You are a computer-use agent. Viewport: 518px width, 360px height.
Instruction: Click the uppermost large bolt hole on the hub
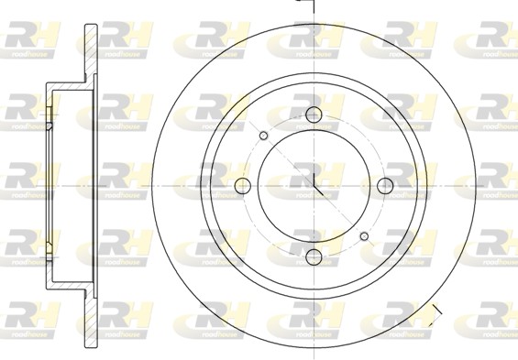point(314,115)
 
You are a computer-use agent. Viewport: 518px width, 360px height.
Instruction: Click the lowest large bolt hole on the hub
point(314,256)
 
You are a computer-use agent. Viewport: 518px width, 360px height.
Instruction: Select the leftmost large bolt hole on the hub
point(243,185)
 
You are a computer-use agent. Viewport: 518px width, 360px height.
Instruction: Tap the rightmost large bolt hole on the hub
point(384,185)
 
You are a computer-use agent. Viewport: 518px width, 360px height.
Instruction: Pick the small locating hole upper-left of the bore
point(264,136)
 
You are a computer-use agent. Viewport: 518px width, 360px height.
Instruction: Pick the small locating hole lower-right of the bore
point(364,235)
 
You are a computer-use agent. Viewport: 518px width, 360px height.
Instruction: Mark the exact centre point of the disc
point(314,185)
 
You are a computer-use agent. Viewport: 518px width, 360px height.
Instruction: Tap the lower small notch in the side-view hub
point(48,247)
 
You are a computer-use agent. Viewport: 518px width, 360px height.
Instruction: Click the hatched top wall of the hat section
point(69,87)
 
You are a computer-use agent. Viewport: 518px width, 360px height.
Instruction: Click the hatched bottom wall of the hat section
point(69,285)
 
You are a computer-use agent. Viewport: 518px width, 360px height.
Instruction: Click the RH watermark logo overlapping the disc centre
point(314,174)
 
